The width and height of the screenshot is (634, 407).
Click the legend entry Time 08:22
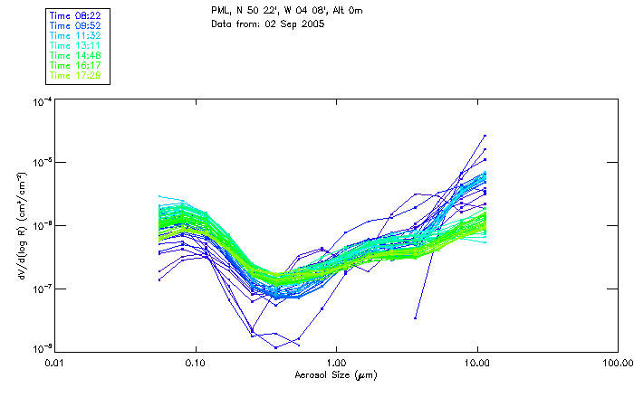tap(73, 15)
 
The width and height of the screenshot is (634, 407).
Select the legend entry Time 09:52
tap(73, 25)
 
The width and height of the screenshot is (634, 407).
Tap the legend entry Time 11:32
tap(73, 35)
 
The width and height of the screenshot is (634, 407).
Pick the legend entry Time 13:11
tap(73, 45)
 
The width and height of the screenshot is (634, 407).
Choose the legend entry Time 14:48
tap(73, 55)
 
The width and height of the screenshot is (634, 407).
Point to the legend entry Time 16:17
tap(73, 65)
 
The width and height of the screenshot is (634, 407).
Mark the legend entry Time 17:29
tap(73, 75)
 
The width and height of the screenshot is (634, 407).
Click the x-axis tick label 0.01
tap(55, 364)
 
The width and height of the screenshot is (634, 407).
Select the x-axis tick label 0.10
tap(196, 364)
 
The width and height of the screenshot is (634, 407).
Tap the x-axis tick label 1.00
tap(336, 364)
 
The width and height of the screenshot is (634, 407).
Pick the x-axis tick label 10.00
tap(476, 364)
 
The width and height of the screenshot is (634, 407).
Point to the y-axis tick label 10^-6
tap(42, 224)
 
